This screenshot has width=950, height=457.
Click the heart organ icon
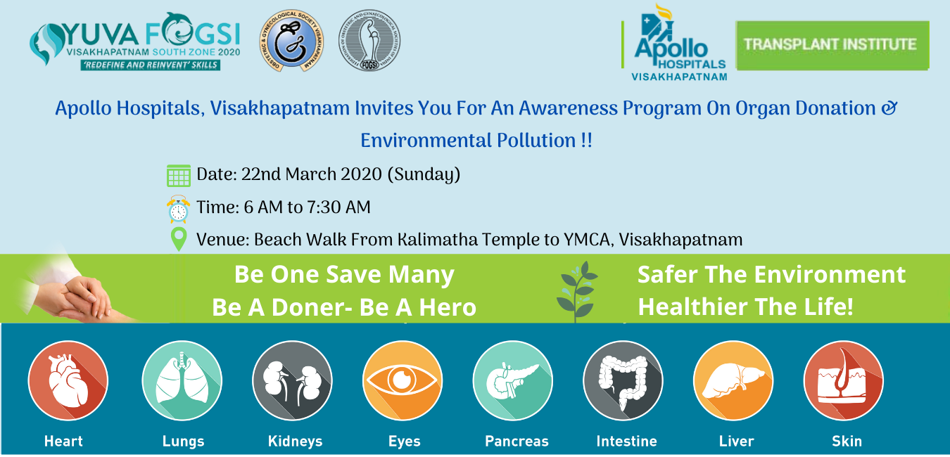(68, 380)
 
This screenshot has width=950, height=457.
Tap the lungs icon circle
(182, 380)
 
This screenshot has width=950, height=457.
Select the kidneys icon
(292, 380)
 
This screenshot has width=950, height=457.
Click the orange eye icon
(403, 380)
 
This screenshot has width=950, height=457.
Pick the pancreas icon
(512, 380)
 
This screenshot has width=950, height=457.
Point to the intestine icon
(623, 380)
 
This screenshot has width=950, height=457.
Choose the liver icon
(733, 380)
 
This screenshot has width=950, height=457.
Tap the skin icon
(843, 380)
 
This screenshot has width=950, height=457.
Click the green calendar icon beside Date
(179, 175)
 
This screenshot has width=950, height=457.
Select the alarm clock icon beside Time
(179, 209)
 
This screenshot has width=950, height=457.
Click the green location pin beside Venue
(179, 239)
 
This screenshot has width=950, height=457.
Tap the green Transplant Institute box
(832, 45)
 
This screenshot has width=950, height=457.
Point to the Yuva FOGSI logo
(134, 42)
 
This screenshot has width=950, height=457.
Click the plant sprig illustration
(577, 290)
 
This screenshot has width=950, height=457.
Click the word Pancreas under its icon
(517, 442)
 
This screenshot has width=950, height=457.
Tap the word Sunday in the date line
(424, 174)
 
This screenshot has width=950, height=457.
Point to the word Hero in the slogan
(448, 307)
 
